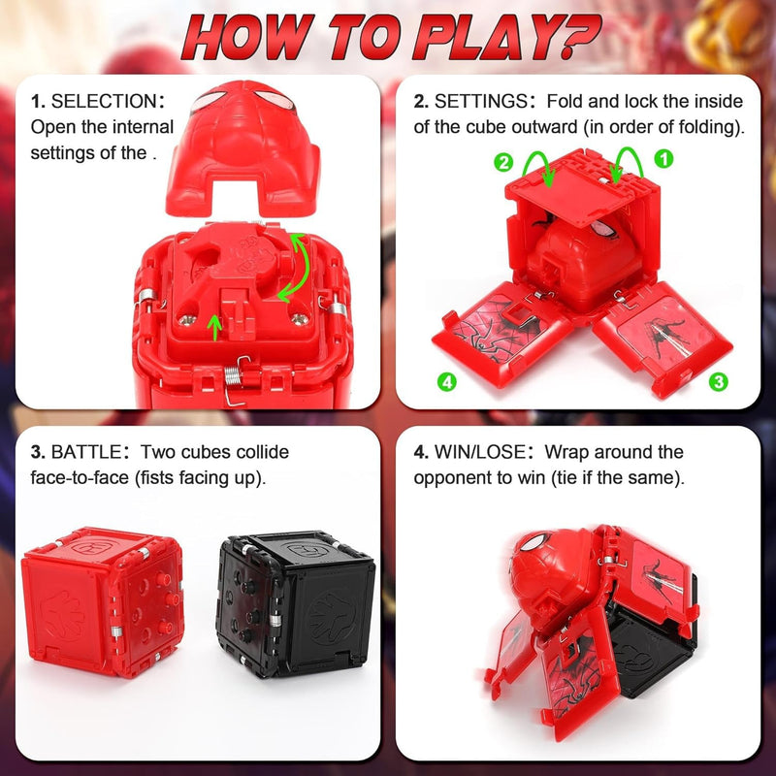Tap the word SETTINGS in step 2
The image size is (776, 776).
485,101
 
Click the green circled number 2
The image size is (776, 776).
503,162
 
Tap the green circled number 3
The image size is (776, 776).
718,381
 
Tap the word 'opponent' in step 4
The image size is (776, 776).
456,478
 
